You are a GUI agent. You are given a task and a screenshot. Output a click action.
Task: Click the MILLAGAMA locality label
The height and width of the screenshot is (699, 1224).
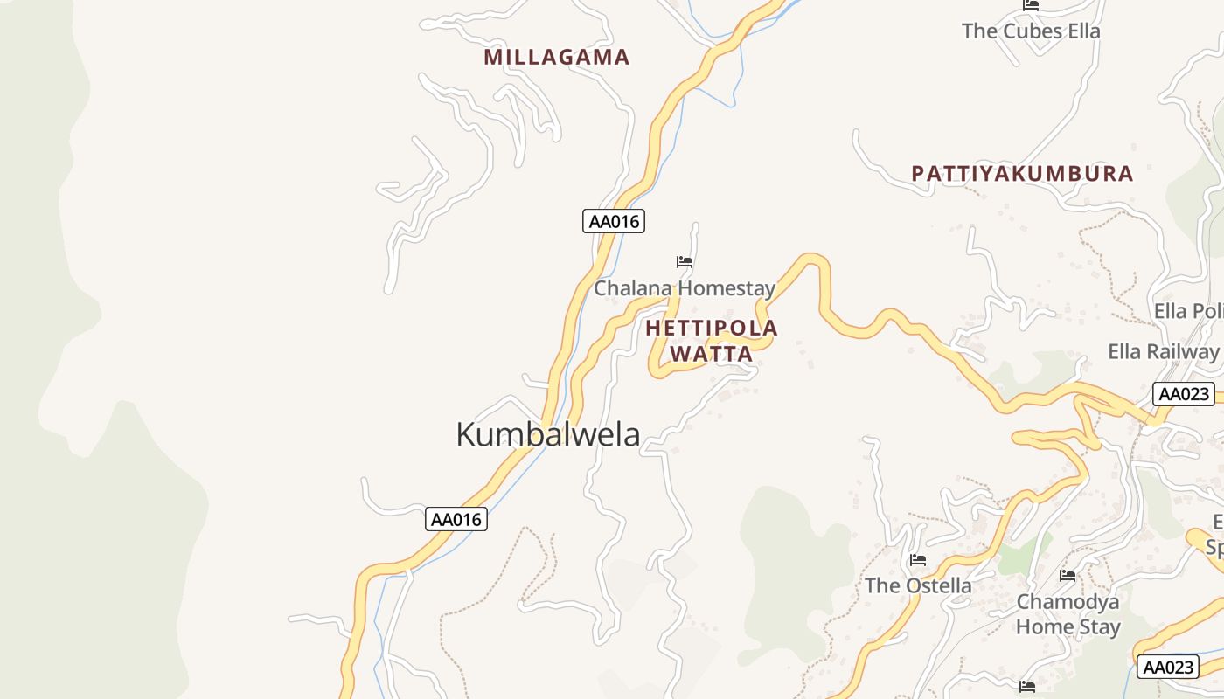coord(557,58)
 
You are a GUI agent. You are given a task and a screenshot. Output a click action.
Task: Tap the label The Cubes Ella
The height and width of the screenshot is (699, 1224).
coord(1031,31)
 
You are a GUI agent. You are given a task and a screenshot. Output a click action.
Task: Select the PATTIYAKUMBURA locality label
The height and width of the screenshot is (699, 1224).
coord(1022,173)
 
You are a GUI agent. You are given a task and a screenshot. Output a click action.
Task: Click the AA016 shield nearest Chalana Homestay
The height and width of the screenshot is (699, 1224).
coord(614,221)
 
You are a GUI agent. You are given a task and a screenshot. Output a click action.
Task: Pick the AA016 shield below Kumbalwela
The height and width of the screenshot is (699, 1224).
coord(456,519)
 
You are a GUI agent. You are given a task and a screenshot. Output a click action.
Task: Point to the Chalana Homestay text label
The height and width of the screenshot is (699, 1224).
coord(685,288)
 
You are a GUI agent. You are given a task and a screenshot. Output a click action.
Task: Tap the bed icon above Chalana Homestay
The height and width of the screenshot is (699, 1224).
coord(685,261)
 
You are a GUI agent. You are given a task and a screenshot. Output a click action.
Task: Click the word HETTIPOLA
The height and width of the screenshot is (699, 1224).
coord(712,329)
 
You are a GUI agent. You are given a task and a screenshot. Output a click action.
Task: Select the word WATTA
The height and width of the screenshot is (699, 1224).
coord(712,354)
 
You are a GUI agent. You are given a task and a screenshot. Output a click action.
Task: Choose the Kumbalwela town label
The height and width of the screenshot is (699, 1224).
coord(548,434)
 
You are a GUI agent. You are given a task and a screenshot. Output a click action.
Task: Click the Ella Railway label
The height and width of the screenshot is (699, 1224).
coord(1163,351)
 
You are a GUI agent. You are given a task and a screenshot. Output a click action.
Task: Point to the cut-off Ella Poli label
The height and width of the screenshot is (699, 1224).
coord(1187,312)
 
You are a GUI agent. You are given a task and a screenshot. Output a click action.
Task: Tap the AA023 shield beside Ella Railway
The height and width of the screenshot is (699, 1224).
coord(1184,394)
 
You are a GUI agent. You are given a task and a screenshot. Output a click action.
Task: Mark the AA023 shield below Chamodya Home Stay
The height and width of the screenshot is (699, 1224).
coord(1168,668)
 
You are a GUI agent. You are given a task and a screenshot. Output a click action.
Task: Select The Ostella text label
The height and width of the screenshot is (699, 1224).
coord(918,585)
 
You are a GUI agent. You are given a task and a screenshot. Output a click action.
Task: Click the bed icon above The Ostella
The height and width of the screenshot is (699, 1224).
coord(918,559)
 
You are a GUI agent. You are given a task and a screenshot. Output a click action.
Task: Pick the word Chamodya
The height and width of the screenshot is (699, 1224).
coord(1068,602)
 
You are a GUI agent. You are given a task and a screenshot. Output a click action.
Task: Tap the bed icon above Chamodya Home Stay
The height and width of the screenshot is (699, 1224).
coord(1068,575)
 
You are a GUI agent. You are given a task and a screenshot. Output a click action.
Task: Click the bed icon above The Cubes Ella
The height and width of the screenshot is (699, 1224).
coord(1031,5)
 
